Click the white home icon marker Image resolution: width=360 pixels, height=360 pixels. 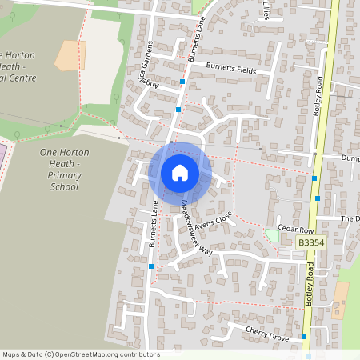click(x=180, y=173)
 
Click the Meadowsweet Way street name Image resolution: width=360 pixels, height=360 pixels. click(x=196, y=228)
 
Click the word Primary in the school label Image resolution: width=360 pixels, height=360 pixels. click(x=63, y=174)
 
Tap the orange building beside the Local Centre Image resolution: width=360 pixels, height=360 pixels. click(x=70, y=54)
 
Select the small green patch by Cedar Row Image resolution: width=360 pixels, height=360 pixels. click(x=272, y=236)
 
